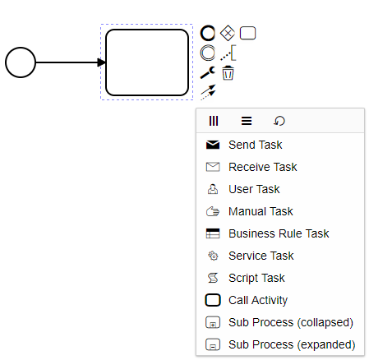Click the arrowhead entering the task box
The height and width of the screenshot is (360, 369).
click(101, 62)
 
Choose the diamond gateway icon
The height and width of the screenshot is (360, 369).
click(228, 33)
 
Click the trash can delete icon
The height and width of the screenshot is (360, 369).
click(228, 73)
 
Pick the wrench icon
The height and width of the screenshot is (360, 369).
click(208, 72)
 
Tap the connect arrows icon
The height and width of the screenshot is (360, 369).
click(208, 92)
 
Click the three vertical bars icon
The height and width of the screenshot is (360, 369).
click(214, 121)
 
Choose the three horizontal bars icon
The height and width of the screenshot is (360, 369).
click(247, 121)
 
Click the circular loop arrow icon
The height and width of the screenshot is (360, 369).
click(279, 121)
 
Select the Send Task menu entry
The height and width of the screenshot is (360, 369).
click(256, 145)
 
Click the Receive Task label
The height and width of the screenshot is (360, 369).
click(263, 167)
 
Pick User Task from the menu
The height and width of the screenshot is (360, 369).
click(254, 189)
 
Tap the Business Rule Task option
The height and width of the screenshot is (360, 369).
click(279, 233)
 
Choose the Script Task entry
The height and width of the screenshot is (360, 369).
click(256, 278)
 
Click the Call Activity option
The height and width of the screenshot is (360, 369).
click(258, 300)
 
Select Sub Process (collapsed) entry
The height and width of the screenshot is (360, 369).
click(291, 322)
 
